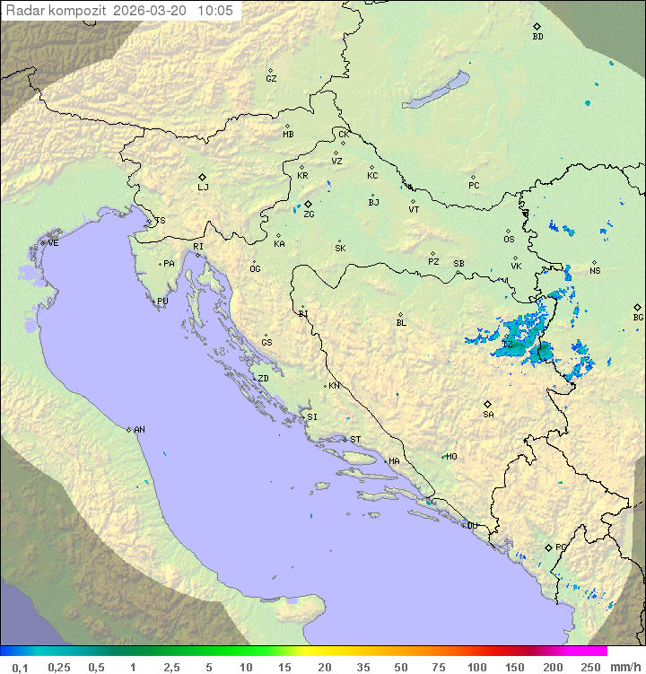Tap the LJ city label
(203, 188)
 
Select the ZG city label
(309, 214)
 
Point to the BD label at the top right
(537, 37)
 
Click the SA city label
(488, 415)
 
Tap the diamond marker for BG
(638, 307)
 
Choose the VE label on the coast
(53, 243)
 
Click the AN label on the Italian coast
(139, 430)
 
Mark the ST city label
(355, 440)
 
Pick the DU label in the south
(472, 526)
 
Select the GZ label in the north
(271, 79)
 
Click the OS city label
(509, 240)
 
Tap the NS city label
(595, 271)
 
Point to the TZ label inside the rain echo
(507, 345)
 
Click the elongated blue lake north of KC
(437, 90)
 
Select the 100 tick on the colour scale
(476, 667)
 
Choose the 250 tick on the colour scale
(590, 667)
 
